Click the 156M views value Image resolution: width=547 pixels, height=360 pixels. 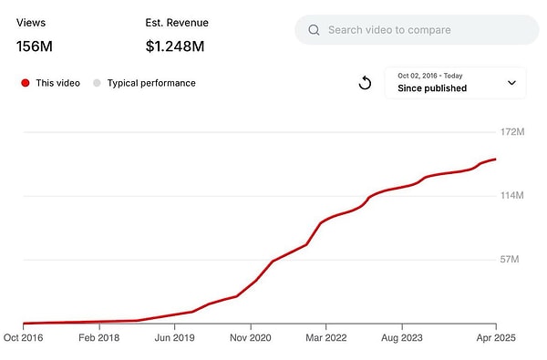point(36,46)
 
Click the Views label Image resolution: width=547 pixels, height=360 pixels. point(31,23)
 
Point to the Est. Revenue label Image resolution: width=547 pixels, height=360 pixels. point(176,23)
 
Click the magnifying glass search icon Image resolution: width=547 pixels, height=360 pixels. point(314,30)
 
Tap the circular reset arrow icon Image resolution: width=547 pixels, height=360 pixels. point(365,83)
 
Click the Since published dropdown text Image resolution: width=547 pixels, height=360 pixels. point(432,88)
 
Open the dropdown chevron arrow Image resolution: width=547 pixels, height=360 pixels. point(511,83)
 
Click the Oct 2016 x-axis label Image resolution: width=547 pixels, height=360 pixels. point(23,337)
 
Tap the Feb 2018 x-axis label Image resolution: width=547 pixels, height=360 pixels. point(98,337)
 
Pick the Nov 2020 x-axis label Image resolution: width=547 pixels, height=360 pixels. point(251,337)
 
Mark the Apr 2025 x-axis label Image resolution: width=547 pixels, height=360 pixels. point(494,337)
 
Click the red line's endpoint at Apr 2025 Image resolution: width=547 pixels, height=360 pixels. point(495,159)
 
